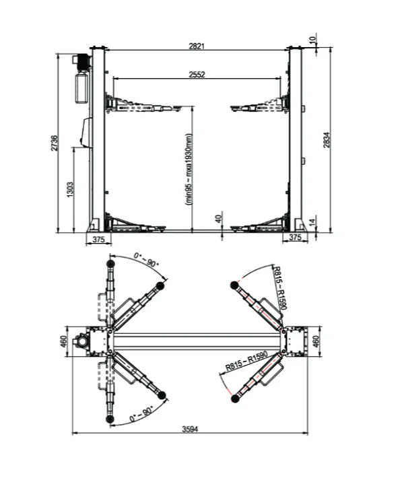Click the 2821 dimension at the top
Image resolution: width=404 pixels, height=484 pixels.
tap(197, 46)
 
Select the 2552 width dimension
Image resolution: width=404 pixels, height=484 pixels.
tap(197, 75)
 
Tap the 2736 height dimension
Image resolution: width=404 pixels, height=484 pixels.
tap(54, 143)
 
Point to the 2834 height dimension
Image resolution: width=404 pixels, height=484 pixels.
tap(327, 140)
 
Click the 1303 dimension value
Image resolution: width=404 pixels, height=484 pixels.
tap(70, 190)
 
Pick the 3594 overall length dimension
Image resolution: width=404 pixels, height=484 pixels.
tap(190, 429)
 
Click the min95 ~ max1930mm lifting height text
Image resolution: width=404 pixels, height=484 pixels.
tap(189, 170)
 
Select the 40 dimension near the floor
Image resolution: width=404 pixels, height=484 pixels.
tap(218, 219)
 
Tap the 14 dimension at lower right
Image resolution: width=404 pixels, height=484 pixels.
tap(312, 222)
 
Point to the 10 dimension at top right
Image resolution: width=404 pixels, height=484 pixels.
tap(312, 40)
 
